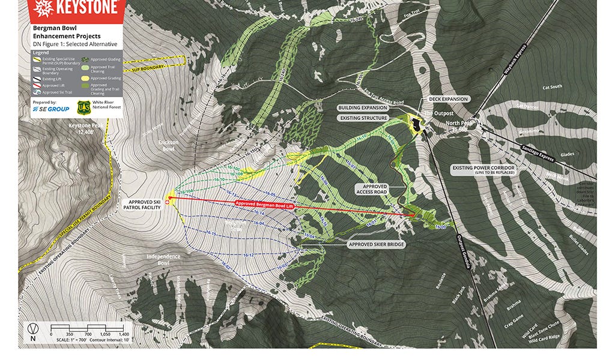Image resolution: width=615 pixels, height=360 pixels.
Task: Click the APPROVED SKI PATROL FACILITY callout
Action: pos(142,205)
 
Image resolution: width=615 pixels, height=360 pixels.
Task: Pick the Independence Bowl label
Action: pos(163,260)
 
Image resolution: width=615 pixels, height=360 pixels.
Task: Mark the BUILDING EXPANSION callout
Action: pos(363,108)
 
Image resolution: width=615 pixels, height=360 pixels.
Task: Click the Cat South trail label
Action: pos(552,87)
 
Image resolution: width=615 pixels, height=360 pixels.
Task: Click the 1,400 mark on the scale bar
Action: pos(124,334)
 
